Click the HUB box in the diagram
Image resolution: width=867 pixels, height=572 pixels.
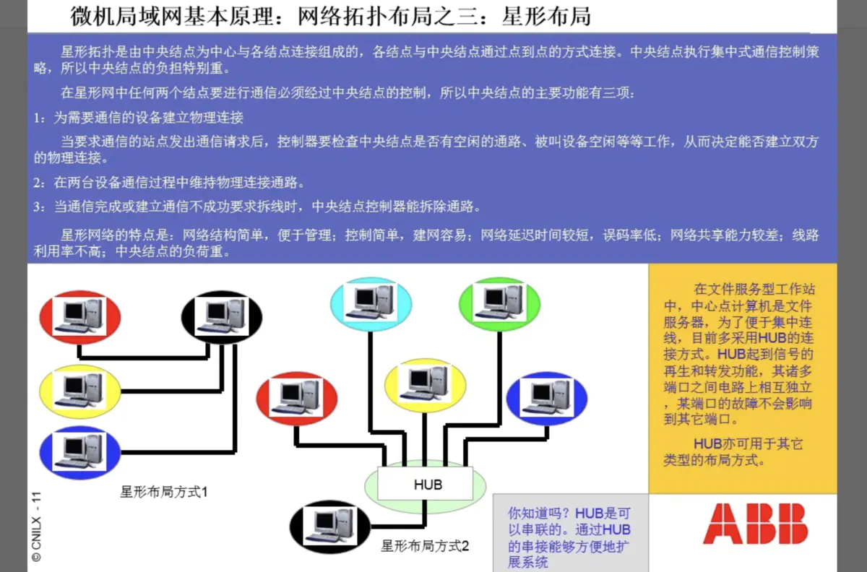click(426, 483)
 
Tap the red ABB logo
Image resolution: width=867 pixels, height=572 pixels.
click(755, 524)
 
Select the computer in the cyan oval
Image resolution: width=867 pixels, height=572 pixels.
click(371, 300)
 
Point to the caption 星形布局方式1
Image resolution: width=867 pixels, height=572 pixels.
click(164, 493)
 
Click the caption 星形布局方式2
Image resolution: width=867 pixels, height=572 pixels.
click(425, 546)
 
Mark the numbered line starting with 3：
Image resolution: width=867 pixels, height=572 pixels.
click(256, 207)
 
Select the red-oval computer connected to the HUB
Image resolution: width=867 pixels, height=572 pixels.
click(296, 398)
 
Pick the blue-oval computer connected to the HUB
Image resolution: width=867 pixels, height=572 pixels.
click(546, 398)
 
